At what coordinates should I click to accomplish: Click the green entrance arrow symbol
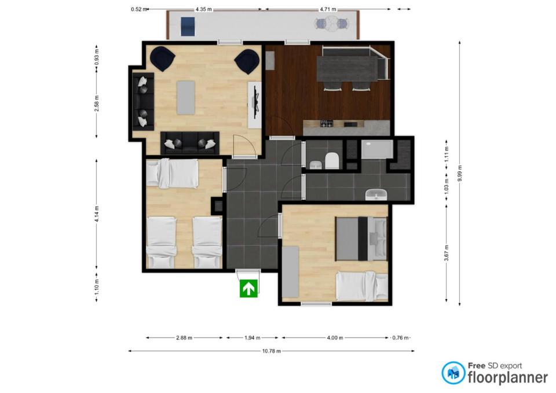(248, 288)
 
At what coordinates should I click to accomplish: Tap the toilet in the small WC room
(332, 160)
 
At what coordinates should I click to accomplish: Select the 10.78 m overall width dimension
(271, 351)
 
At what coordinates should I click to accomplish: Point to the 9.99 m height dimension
(459, 173)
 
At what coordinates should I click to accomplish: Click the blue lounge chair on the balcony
(188, 27)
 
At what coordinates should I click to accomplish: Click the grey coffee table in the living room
(186, 98)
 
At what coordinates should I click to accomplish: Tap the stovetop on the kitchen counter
(327, 124)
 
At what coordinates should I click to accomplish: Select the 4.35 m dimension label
(203, 9)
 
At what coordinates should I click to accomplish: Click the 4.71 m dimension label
(328, 9)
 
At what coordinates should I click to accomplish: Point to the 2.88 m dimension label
(184, 337)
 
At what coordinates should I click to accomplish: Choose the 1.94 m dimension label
(252, 337)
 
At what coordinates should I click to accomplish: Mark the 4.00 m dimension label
(335, 337)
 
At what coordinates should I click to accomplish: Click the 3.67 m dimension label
(447, 253)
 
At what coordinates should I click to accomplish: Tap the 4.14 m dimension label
(97, 214)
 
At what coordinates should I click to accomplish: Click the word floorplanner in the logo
(508, 378)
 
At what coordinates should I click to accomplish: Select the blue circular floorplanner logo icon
(453, 373)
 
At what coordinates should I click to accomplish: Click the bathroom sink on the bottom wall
(376, 194)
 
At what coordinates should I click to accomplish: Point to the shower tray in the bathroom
(377, 149)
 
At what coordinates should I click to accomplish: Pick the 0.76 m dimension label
(400, 337)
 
